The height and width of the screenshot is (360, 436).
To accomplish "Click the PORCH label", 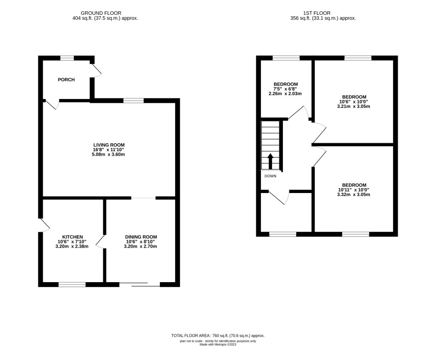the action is pos(66,80).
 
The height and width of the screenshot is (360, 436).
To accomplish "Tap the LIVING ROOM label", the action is pos(109,145).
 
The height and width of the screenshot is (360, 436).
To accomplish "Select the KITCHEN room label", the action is pos(72,237).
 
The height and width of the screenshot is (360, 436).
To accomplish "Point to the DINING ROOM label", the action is pos(141,237).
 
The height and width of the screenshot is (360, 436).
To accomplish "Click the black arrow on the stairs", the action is pos(270,161).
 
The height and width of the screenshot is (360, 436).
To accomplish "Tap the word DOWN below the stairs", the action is pos(270,176).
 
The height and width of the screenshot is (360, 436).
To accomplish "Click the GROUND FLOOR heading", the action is pos(101,13).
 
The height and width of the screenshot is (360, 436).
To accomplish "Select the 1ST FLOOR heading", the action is pos(317,13).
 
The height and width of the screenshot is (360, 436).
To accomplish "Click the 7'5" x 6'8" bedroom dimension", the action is pos(285,89).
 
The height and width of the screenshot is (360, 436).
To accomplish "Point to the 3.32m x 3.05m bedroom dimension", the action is pos(354,195).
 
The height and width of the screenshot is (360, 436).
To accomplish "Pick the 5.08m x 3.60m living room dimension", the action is pos(108,155).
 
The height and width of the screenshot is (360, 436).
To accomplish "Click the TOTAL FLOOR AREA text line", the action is pos(218,335).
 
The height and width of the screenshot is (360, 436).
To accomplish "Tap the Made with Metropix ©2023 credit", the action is pos(218,344).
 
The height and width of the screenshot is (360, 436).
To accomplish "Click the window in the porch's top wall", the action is pos(67,58).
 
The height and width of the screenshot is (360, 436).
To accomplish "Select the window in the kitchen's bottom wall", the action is pos(72,284).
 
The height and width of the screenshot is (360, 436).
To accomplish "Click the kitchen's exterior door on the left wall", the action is pos(44,225).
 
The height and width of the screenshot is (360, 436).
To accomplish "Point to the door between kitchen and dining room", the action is pos(101,242).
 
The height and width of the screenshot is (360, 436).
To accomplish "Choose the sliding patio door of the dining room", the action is pos(140,284).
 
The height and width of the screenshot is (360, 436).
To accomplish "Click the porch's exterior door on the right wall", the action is pos(96,70).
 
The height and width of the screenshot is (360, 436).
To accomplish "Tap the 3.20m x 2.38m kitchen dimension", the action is pos(72,247).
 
